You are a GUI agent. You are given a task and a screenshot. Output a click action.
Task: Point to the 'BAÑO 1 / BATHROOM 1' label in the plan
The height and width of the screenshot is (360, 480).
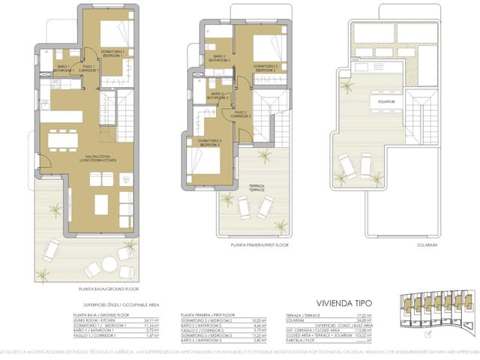coord(63,67)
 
